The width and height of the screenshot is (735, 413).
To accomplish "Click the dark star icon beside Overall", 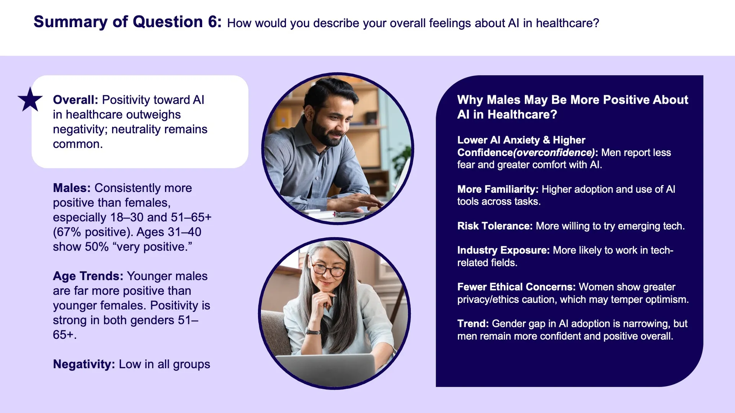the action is click(x=30, y=99).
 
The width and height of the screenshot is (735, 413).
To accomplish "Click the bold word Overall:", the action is click(x=75, y=100).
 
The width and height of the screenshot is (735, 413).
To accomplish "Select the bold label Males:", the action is click(x=72, y=188).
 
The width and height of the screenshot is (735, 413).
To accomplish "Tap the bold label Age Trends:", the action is click(x=88, y=276).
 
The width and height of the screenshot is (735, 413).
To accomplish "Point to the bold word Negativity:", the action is click(x=84, y=364).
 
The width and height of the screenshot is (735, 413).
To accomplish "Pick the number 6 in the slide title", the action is click(x=213, y=22).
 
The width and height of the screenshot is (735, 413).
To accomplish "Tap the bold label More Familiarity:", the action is click(x=498, y=189).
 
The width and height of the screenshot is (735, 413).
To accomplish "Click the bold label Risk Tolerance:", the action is click(x=495, y=226).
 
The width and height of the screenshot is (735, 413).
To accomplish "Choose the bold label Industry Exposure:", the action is click(x=503, y=250).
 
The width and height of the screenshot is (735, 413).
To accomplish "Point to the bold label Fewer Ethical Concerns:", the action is click(x=516, y=287).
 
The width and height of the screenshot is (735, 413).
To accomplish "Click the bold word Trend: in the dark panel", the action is click(x=473, y=324).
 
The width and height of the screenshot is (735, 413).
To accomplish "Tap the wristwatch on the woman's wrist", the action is click(x=313, y=332).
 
